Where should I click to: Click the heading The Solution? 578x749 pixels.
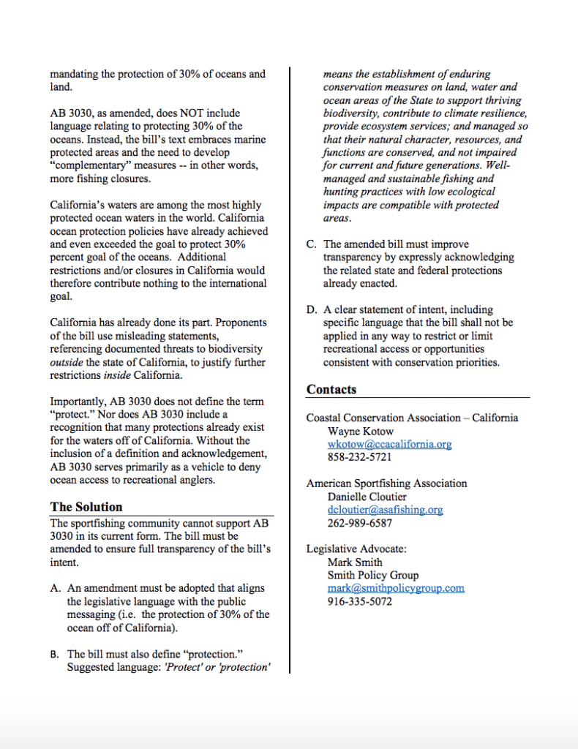pyautogui.click(x=86, y=506)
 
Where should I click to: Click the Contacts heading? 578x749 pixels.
pyautogui.click(x=331, y=389)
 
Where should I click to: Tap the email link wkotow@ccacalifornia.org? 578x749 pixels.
pyautogui.click(x=389, y=444)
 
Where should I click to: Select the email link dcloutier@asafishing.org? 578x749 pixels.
pyautogui.click(x=385, y=510)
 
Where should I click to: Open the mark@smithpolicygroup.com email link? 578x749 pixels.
pyautogui.click(x=396, y=588)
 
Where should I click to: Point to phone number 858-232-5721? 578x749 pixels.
pyautogui.click(x=359, y=457)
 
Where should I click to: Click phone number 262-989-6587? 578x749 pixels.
pyautogui.click(x=359, y=523)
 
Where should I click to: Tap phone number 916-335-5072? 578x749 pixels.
pyautogui.click(x=359, y=601)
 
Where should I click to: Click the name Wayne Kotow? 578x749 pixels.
pyautogui.click(x=361, y=431)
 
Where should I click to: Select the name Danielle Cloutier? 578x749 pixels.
pyautogui.click(x=367, y=497)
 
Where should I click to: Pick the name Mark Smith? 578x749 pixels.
pyautogui.click(x=355, y=562)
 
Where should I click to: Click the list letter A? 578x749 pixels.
pyautogui.click(x=54, y=588)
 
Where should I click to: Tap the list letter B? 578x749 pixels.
pyautogui.click(x=54, y=654)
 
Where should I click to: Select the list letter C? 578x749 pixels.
pyautogui.click(x=311, y=244)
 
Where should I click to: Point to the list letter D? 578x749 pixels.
pyautogui.click(x=311, y=309)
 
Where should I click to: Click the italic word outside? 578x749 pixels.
pyautogui.click(x=67, y=363)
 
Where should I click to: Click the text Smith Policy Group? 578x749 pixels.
pyautogui.click(x=373, y=575)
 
